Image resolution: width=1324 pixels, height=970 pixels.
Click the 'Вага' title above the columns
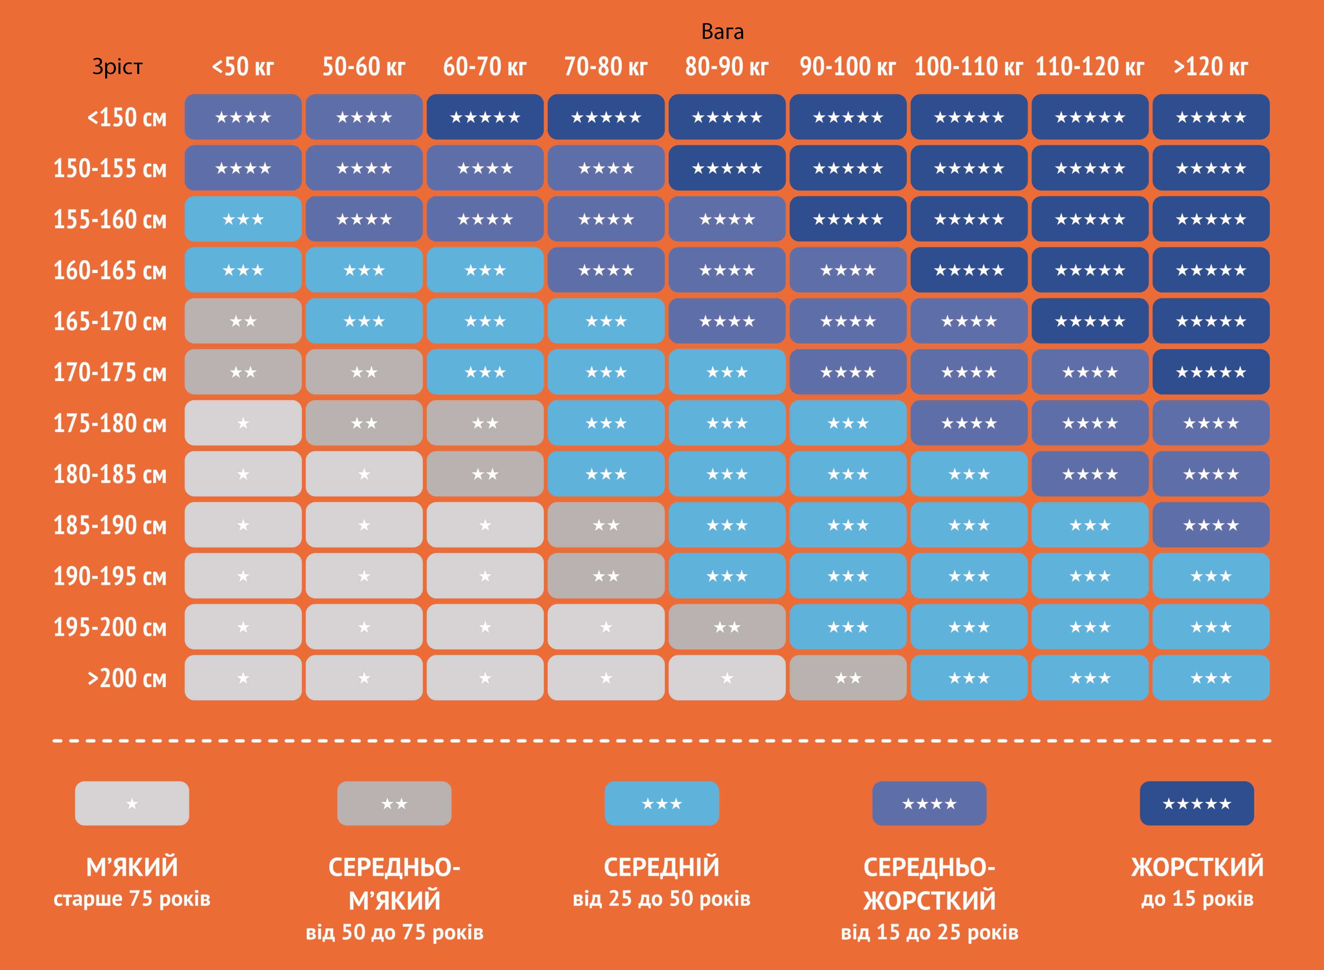coord(722,32)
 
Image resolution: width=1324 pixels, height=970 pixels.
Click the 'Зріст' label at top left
coord(117,67)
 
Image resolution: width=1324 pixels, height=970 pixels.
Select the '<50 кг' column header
coord(243,67)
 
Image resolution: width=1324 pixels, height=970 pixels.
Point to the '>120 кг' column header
coord(1211,67)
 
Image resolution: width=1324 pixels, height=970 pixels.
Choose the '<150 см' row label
coord(127,117)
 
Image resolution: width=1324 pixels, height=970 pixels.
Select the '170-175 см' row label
coord(110,372)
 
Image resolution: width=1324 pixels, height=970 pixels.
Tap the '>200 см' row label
coord(127,678)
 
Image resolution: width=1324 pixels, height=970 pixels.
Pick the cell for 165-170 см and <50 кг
coord(243,321)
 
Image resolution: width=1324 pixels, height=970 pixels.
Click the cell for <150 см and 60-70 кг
coord(485,117)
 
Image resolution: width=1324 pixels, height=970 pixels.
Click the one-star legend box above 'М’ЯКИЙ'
coord(132,803)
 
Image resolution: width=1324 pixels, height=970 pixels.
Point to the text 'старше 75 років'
coord(132,899)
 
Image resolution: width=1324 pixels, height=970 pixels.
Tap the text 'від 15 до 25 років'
coord(929,932)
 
